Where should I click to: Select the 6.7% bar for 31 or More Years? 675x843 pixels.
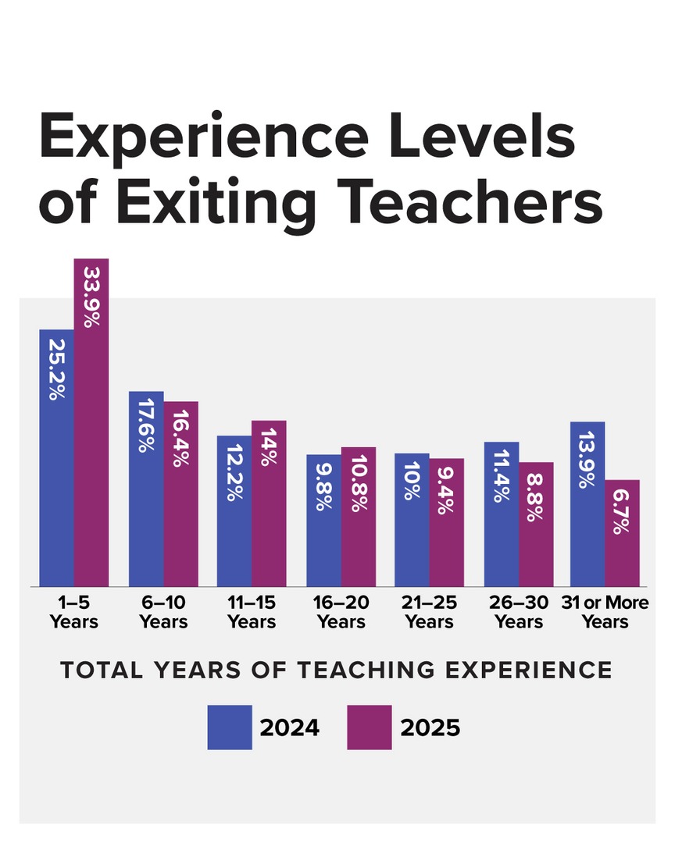622,533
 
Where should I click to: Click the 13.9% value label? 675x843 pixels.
587,458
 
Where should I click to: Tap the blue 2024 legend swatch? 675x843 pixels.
230,727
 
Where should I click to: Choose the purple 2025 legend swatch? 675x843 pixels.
370,727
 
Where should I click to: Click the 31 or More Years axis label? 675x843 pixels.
605,613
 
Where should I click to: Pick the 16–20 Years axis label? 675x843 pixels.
341,613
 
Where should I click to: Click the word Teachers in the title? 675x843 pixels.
465,201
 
